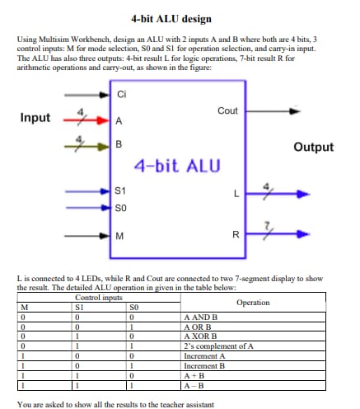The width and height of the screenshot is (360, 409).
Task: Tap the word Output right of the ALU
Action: [313, 148]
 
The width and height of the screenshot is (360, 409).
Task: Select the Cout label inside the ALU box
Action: [227, 110]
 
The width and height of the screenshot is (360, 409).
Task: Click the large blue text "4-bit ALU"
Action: [177, 165]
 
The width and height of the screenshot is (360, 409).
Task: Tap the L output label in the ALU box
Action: [236, 195]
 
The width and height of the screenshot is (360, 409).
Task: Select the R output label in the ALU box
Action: [236, 236]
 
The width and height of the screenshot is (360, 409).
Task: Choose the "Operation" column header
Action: [252, 303]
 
